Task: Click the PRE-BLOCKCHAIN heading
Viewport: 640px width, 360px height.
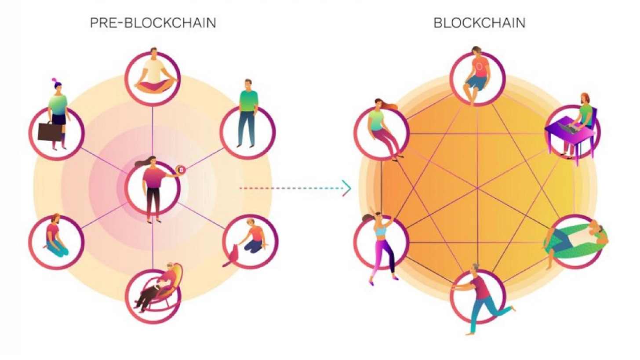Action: [x=153, y=23]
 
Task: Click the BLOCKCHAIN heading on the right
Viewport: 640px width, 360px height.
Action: [x=479, y=23]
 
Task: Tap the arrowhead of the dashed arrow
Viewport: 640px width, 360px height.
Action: [x=348, y=188]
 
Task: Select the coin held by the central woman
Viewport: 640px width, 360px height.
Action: [x=180, y=170]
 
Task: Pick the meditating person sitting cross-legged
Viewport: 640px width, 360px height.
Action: [x=153, y=73]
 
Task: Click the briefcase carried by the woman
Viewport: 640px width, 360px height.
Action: [x=50, y=131]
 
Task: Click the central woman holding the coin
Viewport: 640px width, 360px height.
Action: [x=152, y=187]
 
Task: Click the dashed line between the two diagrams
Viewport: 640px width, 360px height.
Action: [x=290, y=188]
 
